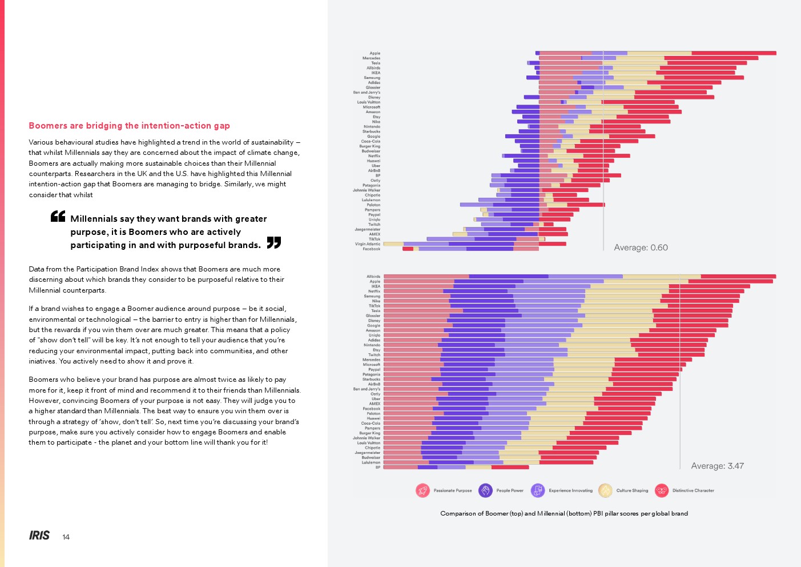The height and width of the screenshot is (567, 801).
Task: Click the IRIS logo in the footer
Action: pyautogui.click(x=39, y=536)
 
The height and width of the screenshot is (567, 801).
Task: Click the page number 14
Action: pyautogui.click(x=66, y=537)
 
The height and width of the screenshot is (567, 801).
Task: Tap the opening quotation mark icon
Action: pyautogui.click(x=58, y=216)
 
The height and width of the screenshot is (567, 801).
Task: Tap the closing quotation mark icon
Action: pyautogui.click(x=274, y=242)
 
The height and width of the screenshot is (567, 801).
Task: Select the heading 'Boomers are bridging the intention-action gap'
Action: pyautogui.click(x=130, y=126)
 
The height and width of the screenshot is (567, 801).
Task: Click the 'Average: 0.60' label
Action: pyautogui.click(x=641, y=247)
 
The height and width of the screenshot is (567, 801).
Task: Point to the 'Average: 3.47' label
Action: pyautogui.click(x=717, y=466)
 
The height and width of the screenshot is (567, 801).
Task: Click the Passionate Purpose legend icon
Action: pyautogui.click(x=422, y=490)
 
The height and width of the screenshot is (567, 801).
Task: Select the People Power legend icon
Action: pyautogui.click(x=485, y=490)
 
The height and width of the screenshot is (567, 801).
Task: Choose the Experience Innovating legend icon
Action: pyautogui.click(x=538, y=490)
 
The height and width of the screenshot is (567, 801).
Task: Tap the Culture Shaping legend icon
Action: pyautogui.click(x=605, y=490)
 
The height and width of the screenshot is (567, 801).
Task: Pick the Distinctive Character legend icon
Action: pyautogui.click(x=662, y=490)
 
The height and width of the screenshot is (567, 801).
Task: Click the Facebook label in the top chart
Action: pyautogui.click(x=371, y=249)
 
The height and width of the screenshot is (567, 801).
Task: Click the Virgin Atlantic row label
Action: pyautogui.click(x=368, y=244)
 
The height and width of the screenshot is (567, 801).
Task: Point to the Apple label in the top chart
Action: pyautogui.click(x=375, y=53)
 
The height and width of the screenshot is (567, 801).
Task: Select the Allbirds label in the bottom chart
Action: pyautogui.click(x=373, y=277)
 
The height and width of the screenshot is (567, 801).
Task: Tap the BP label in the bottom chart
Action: pyautogui.click(x=377, y=468)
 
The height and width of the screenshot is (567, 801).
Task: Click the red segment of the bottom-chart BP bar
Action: pyautogui.click(x=510, y=468)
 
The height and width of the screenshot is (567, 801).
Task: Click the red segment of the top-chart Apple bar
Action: pyautogui.click(x=734, y=53)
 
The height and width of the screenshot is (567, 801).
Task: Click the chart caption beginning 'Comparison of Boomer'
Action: pyautogui.click(x=564, y=513)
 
